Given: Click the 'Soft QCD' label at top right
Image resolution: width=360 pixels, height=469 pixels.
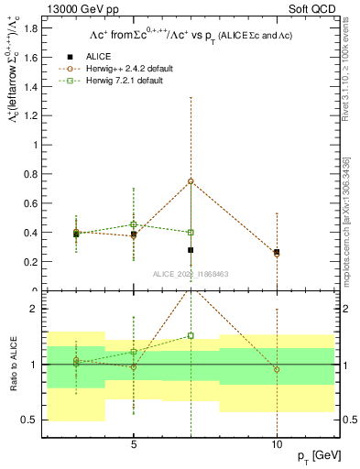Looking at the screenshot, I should click(317, 8).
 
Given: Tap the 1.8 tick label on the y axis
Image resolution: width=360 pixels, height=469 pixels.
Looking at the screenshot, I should click(35, 28).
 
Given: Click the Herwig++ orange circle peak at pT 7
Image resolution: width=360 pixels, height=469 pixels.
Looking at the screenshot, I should click(191, 181).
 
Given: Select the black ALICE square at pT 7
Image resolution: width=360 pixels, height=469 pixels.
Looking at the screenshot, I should click(191, 250).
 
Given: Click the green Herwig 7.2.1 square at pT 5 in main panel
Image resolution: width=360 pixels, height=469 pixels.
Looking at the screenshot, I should click(134, 224).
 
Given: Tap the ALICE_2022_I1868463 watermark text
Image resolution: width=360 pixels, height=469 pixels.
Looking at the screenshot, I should click(192, 274).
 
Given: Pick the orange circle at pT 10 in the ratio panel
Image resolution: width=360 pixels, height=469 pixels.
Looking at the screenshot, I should click(276, 370).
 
